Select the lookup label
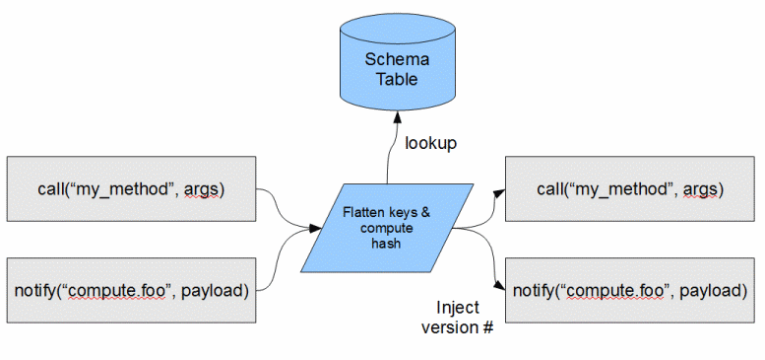click(430, 144)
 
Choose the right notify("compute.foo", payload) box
click(628, 290)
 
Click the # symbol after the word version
click(486, 326)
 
